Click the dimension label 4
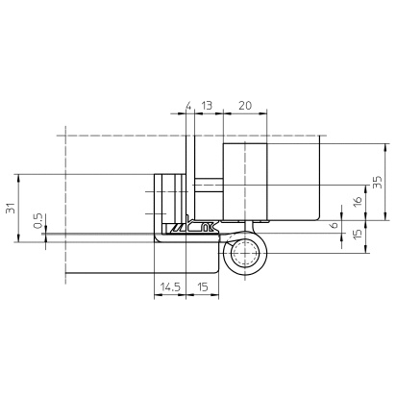point(188,106)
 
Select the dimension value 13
point(207,106)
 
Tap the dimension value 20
point(245,106)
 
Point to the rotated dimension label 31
point(11,208)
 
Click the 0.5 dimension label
point(37,221)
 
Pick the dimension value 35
point(378,182)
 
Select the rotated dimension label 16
point(358,201)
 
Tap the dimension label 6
point(335,225)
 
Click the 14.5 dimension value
point(170,286)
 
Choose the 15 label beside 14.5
point(203,286)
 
